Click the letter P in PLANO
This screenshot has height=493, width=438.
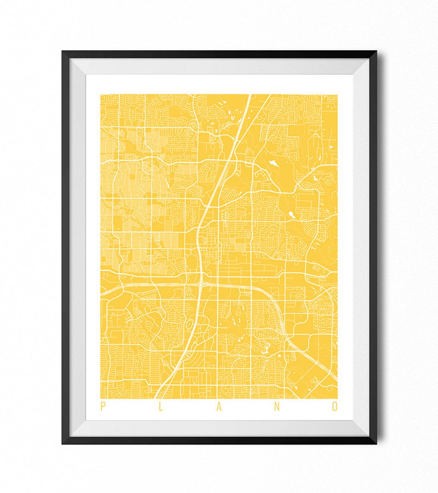(x=102, y=407)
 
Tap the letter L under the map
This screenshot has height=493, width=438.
(x=161, y=407)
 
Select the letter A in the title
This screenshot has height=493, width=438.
(x=219, y=407)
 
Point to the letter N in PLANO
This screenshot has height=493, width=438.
(x=277, y=407)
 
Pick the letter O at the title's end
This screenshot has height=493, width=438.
(x=335, y=407)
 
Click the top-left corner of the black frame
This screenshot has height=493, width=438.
(x=62, y=51)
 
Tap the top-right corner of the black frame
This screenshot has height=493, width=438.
(x=376, y=51)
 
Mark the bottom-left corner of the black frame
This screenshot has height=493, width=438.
(x=62, y=444)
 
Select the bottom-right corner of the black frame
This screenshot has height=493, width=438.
(x=376, y=444)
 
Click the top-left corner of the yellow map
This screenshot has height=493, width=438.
(x=101, y=94)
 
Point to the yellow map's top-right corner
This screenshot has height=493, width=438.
(x=337, y=94)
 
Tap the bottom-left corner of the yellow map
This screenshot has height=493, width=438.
(x=101, y=398)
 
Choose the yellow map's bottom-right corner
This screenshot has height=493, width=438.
(x=337, y=398)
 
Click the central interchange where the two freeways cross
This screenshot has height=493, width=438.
(x=202, y=284)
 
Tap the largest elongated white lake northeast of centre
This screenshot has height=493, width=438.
(x=273, y=163)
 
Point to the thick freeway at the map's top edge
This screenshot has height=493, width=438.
(x=249, y=95)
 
